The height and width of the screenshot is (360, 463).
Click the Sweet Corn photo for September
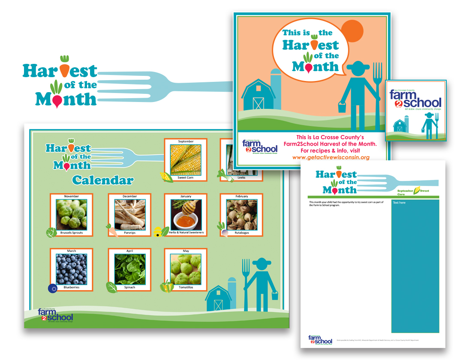pos(186,159)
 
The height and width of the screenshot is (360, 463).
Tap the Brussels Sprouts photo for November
pos(72,214)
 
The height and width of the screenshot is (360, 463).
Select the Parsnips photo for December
pos(129,214)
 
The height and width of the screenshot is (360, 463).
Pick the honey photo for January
pos(186,214)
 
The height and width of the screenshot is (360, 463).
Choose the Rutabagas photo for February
pos(241,214)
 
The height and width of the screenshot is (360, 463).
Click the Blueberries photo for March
pos(72,270)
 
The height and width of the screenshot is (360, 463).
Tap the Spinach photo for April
pos(129,270)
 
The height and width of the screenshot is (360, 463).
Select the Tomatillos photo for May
pos(186,270)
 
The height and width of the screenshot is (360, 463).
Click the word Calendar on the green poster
pos(103,180)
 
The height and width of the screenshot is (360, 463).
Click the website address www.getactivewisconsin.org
pos(330,157)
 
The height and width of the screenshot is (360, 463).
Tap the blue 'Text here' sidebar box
pos(415,266)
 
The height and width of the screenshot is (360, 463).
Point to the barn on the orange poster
pos(259,94)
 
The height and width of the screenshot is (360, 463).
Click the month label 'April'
pos(129,251)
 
